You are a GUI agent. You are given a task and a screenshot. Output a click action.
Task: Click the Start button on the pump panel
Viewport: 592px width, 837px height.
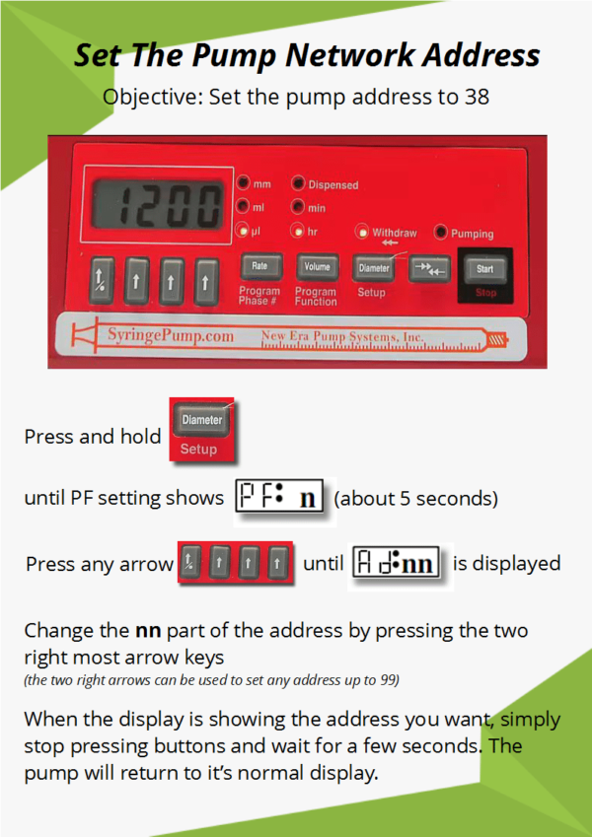coord(484,268)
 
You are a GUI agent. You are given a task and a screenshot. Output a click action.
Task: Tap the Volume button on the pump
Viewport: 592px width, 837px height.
coord(317,266)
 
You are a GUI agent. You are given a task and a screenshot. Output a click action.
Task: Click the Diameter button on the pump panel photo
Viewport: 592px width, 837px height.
coord(374,267)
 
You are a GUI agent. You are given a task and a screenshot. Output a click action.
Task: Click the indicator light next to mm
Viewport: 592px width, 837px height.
coord(243,184)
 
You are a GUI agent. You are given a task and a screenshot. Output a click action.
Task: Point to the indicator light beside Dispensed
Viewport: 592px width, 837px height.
coord(298,184)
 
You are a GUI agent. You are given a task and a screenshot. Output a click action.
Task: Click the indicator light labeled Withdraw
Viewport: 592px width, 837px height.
coord(362,233)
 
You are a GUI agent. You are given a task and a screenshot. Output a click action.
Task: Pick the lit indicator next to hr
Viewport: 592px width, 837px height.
coord(298,232)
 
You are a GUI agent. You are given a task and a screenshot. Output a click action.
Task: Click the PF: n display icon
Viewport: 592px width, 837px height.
coord(279,497)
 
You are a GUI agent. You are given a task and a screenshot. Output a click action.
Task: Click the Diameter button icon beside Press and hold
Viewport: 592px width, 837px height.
coord(201,420)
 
